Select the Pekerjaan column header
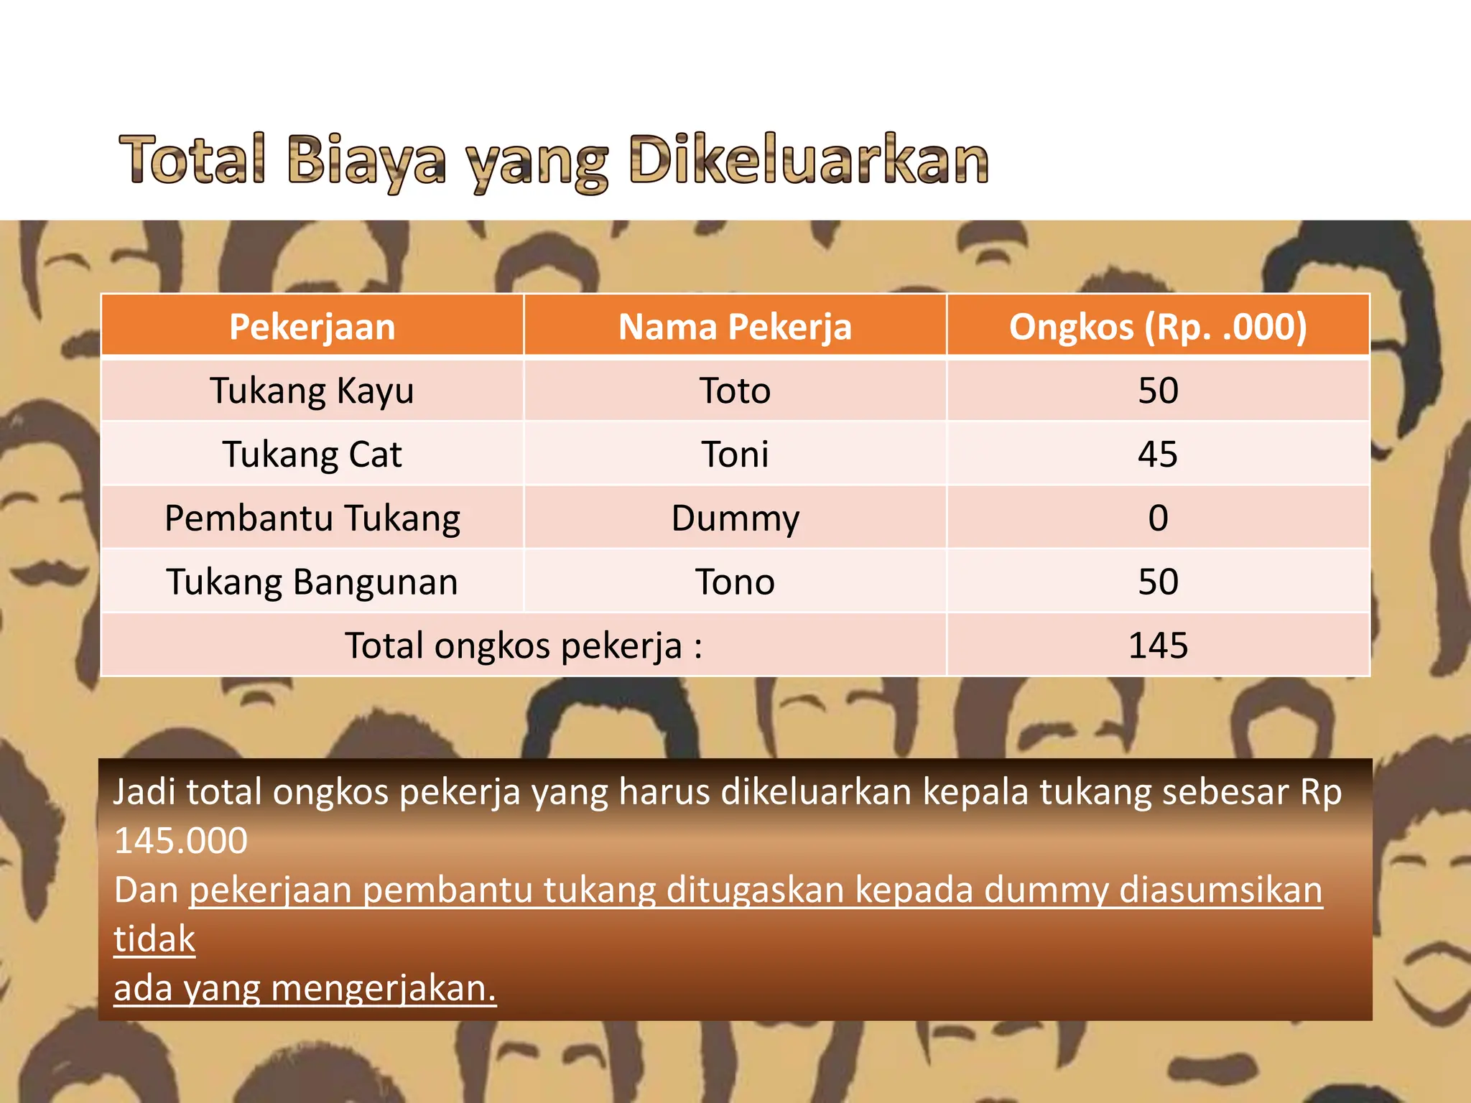click(x=312, y=327)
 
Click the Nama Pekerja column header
click(x=735, y=327)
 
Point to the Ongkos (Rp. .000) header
click(x=1158, y=327)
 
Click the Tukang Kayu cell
click(x=312, y=391)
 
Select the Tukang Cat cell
click(x=312, y=455)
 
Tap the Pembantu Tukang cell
click(x=312, y=518)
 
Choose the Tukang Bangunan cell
click(x=312, y=582)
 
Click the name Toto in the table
click(x=735, y=391)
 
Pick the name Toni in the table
click(x=735, y=455)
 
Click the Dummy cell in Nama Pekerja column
click(x=735, y=518)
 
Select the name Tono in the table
click(x=735, y=582)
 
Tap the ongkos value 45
click(x=1158, y=455)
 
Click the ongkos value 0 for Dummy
click(x=1158, y=518)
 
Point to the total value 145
click(x=1158, y=646)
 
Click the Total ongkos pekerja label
click(x=524, y=646)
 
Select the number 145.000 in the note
click(x=181, y=841)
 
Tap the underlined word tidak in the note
click(x=154, y=939)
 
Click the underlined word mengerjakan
click(x=384, y=989)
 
